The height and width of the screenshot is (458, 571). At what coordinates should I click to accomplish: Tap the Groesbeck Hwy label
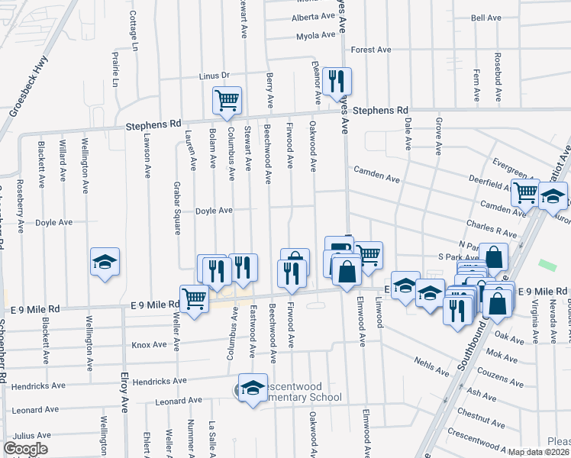[28, 85]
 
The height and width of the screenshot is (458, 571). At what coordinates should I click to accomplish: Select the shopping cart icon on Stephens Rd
[227, 101]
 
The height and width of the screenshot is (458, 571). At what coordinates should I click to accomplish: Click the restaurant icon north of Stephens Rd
[337, 81]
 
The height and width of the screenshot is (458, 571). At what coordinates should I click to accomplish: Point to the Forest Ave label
[371, 50]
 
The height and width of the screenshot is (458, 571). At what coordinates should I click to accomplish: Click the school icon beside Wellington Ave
[105, 263]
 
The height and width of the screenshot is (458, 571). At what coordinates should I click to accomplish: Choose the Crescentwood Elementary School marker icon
[252, 389]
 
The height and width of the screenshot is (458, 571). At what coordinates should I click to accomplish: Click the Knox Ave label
[149, 345]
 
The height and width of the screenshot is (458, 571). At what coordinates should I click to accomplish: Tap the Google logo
[25, 449]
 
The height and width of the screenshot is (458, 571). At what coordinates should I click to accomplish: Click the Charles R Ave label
[492, 227]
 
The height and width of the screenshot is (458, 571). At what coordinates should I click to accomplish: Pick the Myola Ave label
[315, 35]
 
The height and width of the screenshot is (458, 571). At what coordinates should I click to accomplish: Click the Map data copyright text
[538, 452]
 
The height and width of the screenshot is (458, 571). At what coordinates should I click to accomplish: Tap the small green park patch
[547, 264]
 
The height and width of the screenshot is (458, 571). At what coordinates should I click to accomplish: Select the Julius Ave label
[31, 435]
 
